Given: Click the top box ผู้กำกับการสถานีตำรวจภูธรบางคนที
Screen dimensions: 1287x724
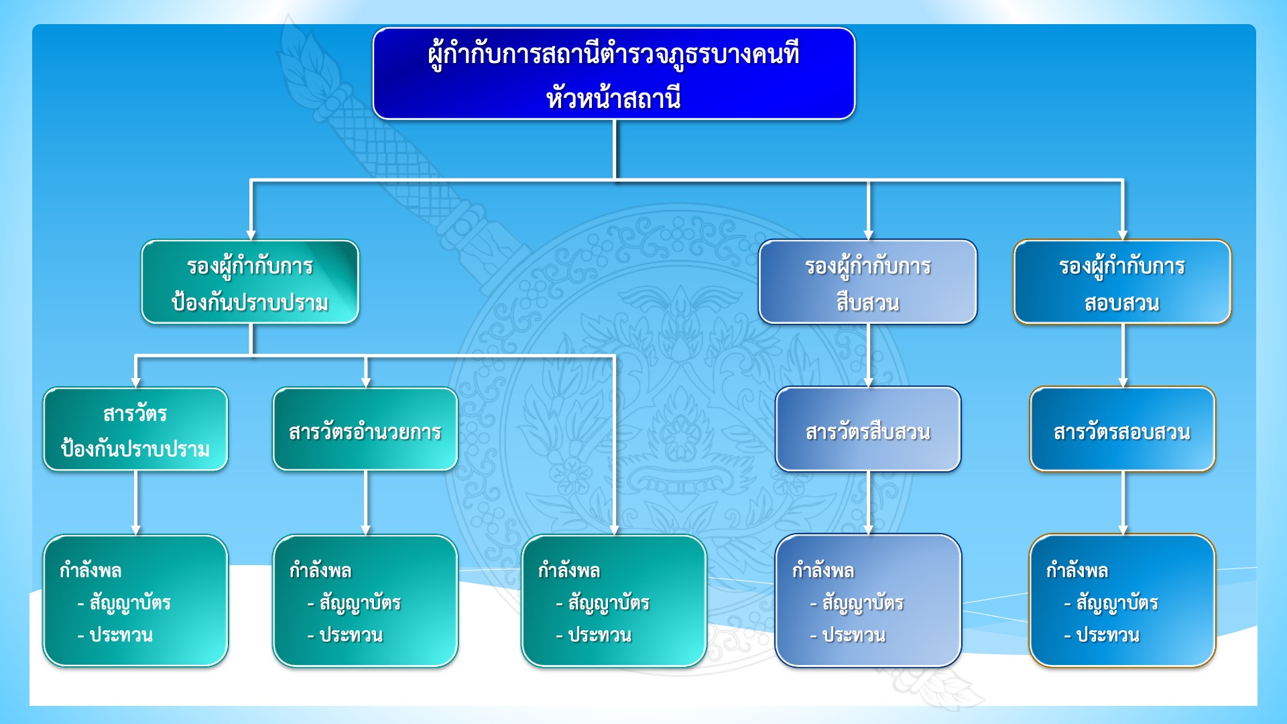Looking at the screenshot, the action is [x=613, y=74].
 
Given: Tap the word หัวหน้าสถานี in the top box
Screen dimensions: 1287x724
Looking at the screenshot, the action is [x=613, y=99].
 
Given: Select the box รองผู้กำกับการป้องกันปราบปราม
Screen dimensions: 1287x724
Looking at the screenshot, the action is [x=250, y=282].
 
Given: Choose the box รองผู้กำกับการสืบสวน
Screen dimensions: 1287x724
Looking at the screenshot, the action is [x=867, y=282].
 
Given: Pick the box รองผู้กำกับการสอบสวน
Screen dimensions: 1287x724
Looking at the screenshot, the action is [x=1122, y=282].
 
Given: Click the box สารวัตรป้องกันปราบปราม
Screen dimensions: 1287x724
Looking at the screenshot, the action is [x=135, y=430].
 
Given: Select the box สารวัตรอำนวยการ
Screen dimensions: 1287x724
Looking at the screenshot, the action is [x=365, y=430].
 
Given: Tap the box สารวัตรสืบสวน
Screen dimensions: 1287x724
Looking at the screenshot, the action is [x=868, y=430].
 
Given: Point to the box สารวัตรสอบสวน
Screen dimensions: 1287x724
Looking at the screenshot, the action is [x=1122, y=430].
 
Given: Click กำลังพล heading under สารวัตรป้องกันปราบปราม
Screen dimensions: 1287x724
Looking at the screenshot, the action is [x=90, y=571].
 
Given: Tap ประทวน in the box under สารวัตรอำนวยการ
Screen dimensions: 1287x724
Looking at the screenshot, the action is [x=351, y=635].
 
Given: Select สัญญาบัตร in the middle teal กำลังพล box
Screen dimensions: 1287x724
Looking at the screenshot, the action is [x=609, y=603].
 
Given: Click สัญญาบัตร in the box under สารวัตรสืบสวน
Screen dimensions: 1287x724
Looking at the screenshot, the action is [x=863, y=603].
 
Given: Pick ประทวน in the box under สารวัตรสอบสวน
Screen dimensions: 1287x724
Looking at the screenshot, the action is [x=1108, y=635].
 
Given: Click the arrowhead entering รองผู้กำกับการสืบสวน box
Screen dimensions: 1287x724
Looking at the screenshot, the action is [x=868, y=235].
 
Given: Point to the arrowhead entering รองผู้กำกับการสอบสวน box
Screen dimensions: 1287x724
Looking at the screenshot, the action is [x=1123, y=235].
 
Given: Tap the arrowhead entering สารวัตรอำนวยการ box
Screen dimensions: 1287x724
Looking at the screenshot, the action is [x=366, y=382].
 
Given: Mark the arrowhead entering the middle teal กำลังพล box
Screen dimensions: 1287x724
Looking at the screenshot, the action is [x=614, y=530].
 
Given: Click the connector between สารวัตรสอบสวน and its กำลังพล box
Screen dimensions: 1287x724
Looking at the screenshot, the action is [x=1123, y=503].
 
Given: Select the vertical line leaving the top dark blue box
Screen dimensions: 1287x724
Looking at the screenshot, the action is [x=615, y=149].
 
